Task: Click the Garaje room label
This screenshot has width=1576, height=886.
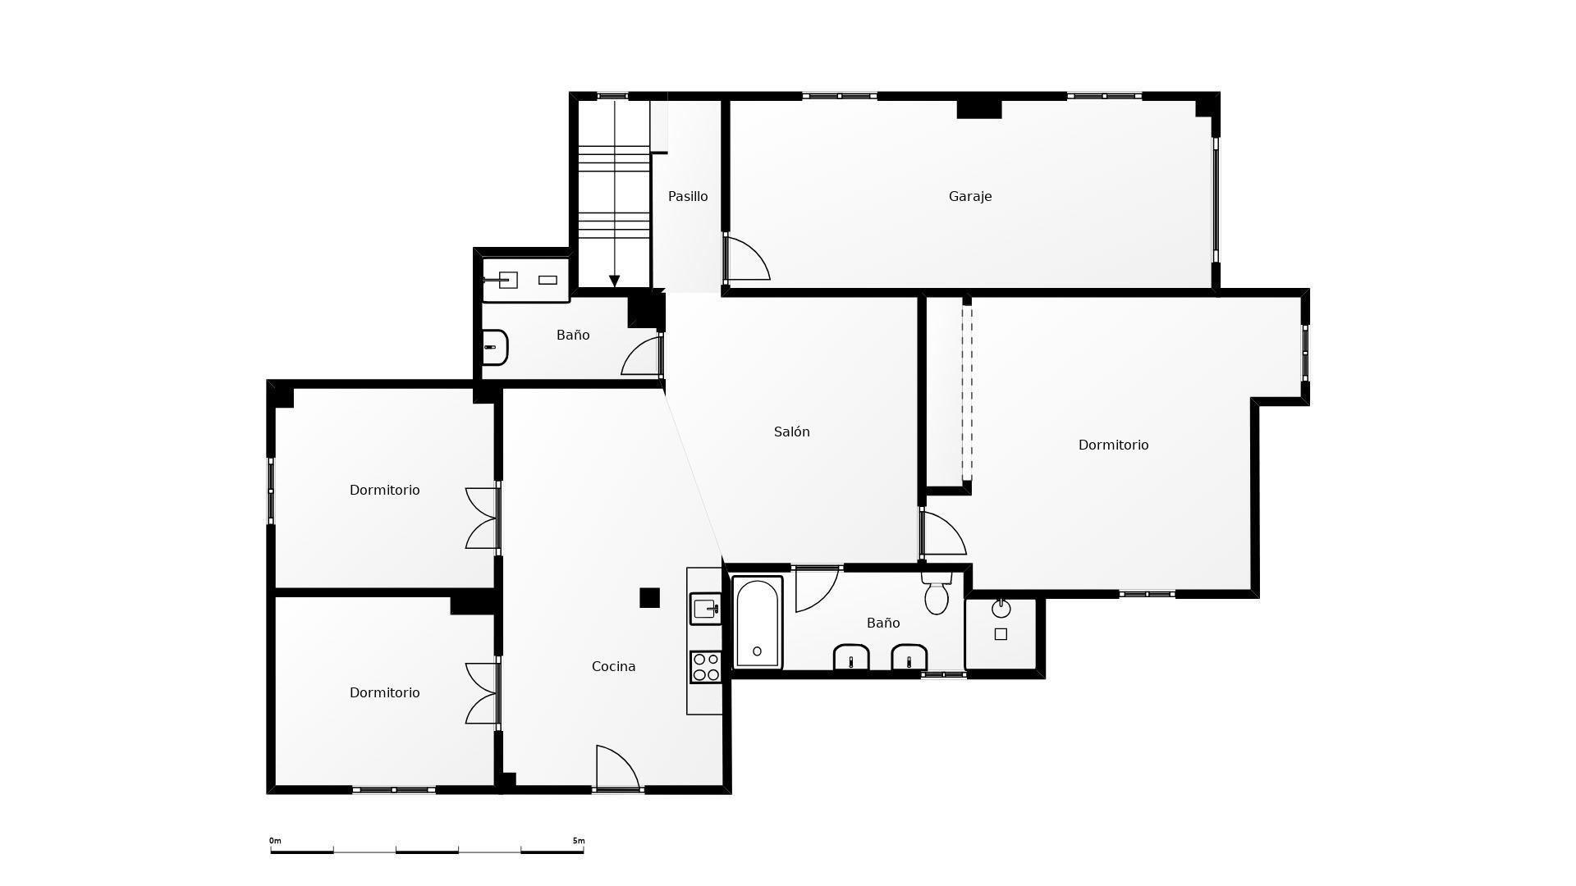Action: point(970,197)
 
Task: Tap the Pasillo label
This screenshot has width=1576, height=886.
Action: point(688,196)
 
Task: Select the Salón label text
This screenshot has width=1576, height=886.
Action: point(792,432)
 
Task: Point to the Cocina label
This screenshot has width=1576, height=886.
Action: point(614,666)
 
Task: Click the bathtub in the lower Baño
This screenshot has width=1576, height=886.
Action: point(757,623)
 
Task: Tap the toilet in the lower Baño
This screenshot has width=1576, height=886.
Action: point(937,592)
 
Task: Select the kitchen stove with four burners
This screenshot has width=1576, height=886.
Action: point(705,666)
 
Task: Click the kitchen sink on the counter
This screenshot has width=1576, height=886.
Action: point(705,609)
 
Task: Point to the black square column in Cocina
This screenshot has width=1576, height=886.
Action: point(649,598)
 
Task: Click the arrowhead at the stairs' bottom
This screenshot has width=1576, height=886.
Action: point(614,281)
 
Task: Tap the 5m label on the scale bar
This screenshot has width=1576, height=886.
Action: point(579,841)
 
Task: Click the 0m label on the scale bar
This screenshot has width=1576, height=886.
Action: point(275,841)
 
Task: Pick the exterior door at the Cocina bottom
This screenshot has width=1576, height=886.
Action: point(617,767)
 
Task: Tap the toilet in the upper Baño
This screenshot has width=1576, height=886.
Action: point(494,347)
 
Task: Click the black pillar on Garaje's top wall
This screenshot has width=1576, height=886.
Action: point(979,108)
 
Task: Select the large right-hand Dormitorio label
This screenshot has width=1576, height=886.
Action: point(1113,445)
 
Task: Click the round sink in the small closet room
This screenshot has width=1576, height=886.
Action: point(1001,609)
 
